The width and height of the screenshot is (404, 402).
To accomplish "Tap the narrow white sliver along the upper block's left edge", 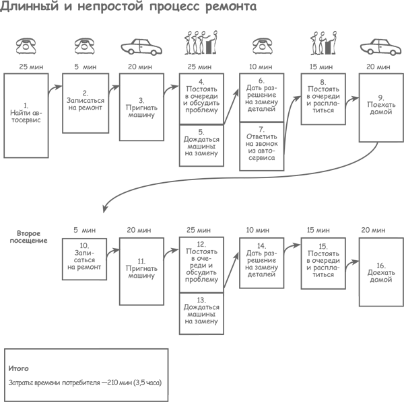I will point(1,128).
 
